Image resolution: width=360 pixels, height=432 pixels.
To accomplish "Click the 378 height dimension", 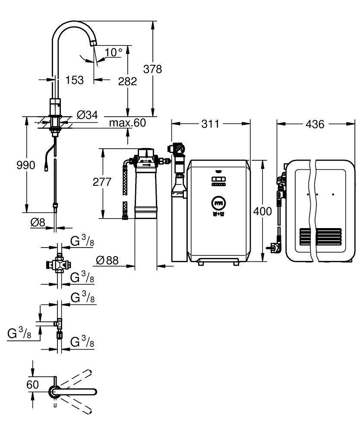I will (x=153, y=69).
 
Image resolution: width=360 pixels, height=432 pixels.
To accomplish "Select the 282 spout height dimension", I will (x=128, y=81).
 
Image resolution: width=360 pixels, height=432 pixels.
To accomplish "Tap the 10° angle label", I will (x=114, y=53).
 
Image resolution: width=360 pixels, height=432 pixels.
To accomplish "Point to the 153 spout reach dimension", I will (x=74, y=79).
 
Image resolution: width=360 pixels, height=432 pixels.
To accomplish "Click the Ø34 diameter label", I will (x=87, y=115).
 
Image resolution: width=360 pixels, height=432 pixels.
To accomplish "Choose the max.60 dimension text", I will (x=127, y=123).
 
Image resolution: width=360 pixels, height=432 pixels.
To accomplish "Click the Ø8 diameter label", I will (x=38, y=222).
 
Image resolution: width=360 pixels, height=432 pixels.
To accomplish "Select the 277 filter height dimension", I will (x=102, y=182).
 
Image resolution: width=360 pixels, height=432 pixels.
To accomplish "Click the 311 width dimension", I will (x=211, y=124).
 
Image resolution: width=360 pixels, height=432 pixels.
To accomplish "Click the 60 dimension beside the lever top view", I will (x=33, y=384).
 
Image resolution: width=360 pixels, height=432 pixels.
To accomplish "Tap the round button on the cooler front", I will (x=218, y=202).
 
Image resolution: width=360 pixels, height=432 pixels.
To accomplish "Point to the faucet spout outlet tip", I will (x=93, y=43).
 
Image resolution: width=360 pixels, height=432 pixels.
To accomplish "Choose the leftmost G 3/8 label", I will (x=19, y=334).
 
